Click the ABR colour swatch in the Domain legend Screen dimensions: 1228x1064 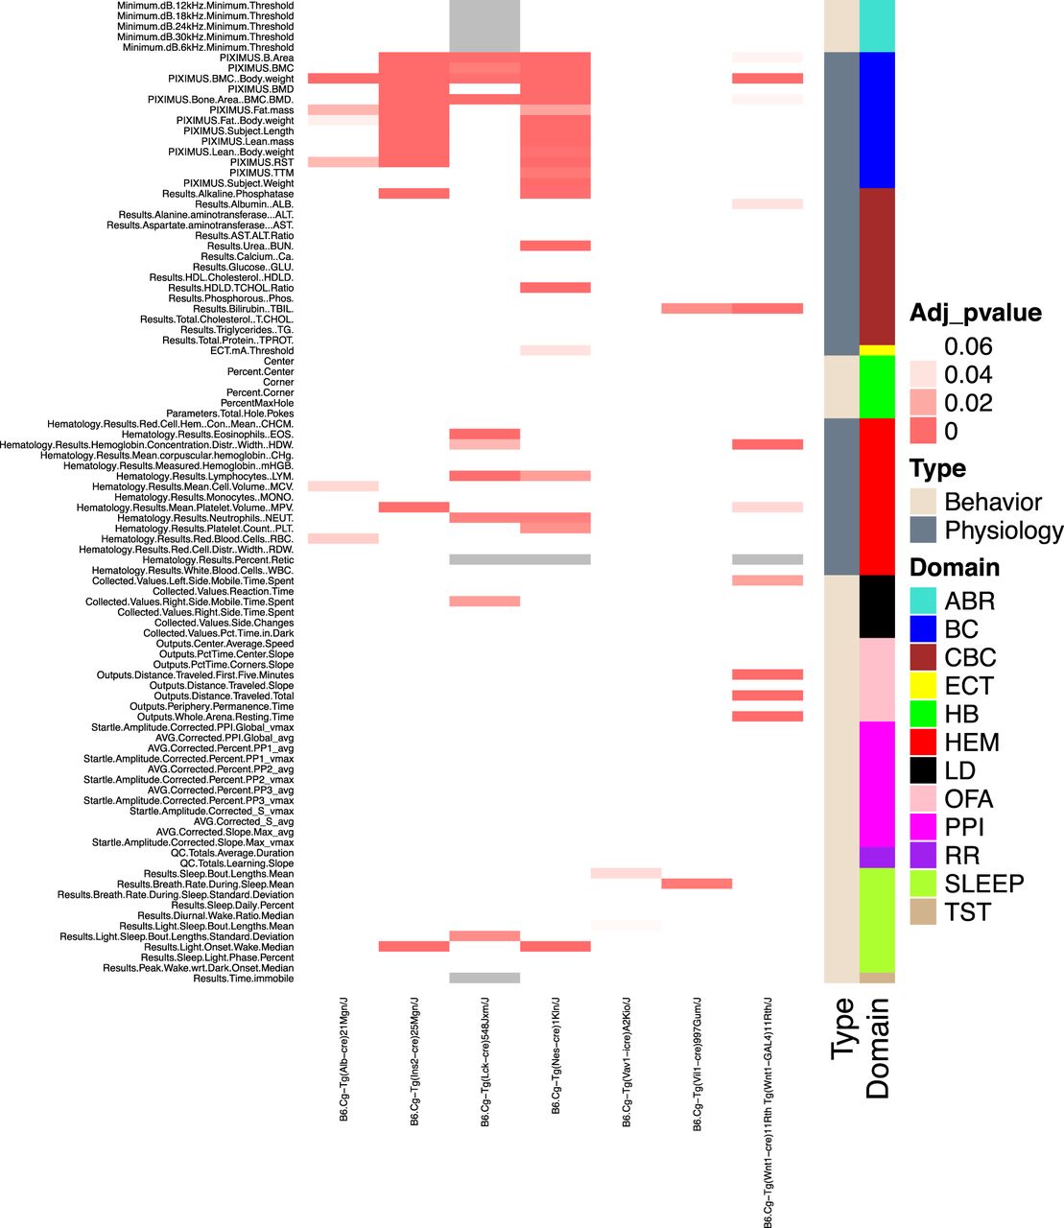pos(923,601)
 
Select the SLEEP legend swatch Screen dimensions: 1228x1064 pos(923,884)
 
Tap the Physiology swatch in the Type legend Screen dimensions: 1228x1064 pos(923,530)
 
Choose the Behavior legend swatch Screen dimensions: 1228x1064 pos(923,502)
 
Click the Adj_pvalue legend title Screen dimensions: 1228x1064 pos(975,313)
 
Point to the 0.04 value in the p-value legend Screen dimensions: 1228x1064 pos(968,374)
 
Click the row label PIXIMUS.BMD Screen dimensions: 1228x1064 pos(261,89)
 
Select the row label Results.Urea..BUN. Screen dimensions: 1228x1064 pos(250,247)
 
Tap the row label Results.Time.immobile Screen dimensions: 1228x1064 pos(244,979)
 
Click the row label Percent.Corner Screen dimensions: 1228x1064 pos(260,392)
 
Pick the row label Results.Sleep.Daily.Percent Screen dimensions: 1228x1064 pos(232,905)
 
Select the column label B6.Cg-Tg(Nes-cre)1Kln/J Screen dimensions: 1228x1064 pos(556,1055)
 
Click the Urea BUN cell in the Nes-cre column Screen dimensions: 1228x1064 pos(556,247)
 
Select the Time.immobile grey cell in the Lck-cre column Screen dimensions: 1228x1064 pos(485,979)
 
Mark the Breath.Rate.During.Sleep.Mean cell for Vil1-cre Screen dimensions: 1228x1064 pos(697,885)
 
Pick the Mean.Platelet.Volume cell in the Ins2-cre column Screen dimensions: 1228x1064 pos(414,508)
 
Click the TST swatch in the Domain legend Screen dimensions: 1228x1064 pos(923,912)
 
